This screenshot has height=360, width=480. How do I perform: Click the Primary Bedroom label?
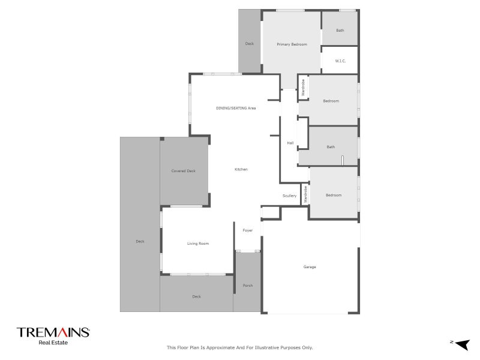292,44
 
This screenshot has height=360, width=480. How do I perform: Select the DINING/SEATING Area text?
236,108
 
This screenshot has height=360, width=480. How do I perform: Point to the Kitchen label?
241,170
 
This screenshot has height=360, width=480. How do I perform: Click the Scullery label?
290,196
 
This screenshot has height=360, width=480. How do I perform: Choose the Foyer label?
247,230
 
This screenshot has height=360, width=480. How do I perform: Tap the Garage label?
310,267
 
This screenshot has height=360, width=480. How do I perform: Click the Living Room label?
198,244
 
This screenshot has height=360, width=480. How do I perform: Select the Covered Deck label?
184,171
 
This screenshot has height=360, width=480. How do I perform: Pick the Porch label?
247,286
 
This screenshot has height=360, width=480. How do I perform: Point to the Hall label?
290,143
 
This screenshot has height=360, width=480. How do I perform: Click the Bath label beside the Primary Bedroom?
340,31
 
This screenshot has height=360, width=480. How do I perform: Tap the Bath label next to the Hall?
331,147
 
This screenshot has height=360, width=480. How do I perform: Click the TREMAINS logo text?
53,332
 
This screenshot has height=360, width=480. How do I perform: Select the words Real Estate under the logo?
53,343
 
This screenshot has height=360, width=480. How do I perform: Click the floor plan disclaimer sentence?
239,347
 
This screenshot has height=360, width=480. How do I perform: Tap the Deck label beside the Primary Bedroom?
250,44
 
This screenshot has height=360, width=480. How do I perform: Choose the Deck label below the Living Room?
196,296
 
